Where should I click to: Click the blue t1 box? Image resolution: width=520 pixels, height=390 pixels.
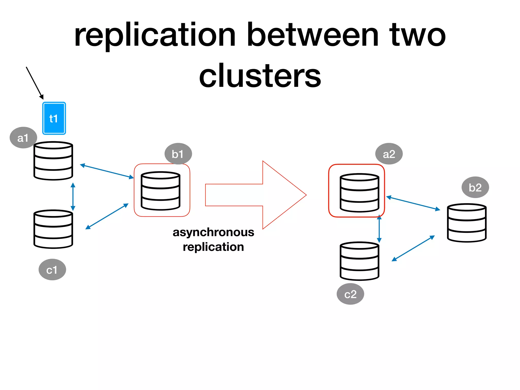(x=54, y=118)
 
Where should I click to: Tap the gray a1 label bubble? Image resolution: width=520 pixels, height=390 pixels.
(x=23, y=138)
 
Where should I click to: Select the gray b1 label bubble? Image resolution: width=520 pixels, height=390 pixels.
(x=178, y=154)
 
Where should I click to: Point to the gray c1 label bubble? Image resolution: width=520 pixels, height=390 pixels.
(x=52, y=270)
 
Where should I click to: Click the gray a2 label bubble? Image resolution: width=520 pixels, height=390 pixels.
(x=389, y=154)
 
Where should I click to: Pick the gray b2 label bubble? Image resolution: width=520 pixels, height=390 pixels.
(x=475, y=187)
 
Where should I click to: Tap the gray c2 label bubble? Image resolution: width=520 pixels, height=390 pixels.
(x=350, y=294)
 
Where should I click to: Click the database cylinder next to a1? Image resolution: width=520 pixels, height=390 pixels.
(x=53, y=161)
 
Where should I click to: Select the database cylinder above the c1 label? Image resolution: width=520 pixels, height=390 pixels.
(x=53, y=229)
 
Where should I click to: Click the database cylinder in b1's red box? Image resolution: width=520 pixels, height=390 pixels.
(x=160, y=191)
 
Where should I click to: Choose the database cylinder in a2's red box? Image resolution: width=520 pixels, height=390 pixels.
(x=359, y=193)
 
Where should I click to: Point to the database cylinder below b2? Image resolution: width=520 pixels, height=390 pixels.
(x=466, y=223)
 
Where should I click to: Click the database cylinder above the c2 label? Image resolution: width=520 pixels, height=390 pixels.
(x=359, y=261)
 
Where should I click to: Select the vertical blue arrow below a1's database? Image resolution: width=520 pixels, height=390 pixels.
(x=73, y=197)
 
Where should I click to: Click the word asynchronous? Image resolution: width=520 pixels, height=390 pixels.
(x=213, y=232)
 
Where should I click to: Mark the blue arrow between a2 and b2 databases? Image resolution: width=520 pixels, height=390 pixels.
(x=413, y=203)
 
